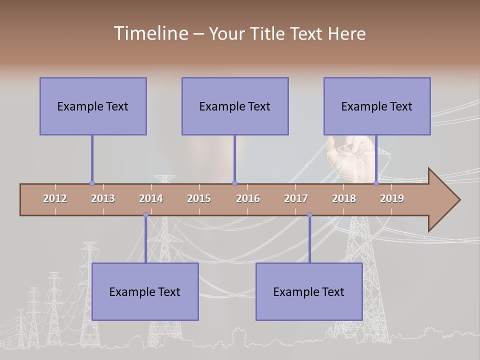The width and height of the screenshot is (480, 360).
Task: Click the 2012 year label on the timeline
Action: pyautogui.click(x=55, y=198)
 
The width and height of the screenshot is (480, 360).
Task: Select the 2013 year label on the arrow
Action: pyautogui.click(x=103, y=198)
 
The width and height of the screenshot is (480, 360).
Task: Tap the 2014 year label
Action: pyautogui.click(x=151, y=198)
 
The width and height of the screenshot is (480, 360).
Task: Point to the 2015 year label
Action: pyautogui.click(x=199, y=198)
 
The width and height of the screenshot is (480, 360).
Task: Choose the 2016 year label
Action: pyautogui.click(x=248, y=198)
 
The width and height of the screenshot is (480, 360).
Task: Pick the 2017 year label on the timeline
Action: pyautogui.click(x=296, y=198)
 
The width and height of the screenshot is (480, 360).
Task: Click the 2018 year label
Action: pyautogui.click(x=344, y=198)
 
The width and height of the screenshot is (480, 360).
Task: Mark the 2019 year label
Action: pyautogui.click(x=392, y=198)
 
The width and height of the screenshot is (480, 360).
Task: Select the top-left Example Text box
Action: pyautogui.click(x=93, y=106)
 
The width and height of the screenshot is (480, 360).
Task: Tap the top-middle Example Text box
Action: pyautogui.click(x=235, y=106)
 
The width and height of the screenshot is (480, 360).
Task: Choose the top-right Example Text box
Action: pyautogui.click(x=377, y=106)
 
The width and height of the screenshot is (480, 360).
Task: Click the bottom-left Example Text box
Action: pyautogui.click(x=145, y=291)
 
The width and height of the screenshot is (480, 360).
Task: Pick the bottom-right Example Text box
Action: pyautogui.click(x=309, y=291)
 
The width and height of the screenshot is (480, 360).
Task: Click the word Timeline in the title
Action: pyautogui.click(x=149, y=33)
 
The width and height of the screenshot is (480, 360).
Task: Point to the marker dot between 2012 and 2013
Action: pyautogui.click(x=92, y=183)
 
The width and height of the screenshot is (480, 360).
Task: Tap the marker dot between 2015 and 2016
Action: pyautogui.click(x=234, y=183)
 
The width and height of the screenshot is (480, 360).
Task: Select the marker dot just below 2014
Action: pyautogui.click(x=145, y=215)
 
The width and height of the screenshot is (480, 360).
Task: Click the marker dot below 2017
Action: pyautogui.click(x=309, y=215)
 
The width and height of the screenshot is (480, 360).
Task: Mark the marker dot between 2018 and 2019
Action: pyautogui.click(x=376, y=183)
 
